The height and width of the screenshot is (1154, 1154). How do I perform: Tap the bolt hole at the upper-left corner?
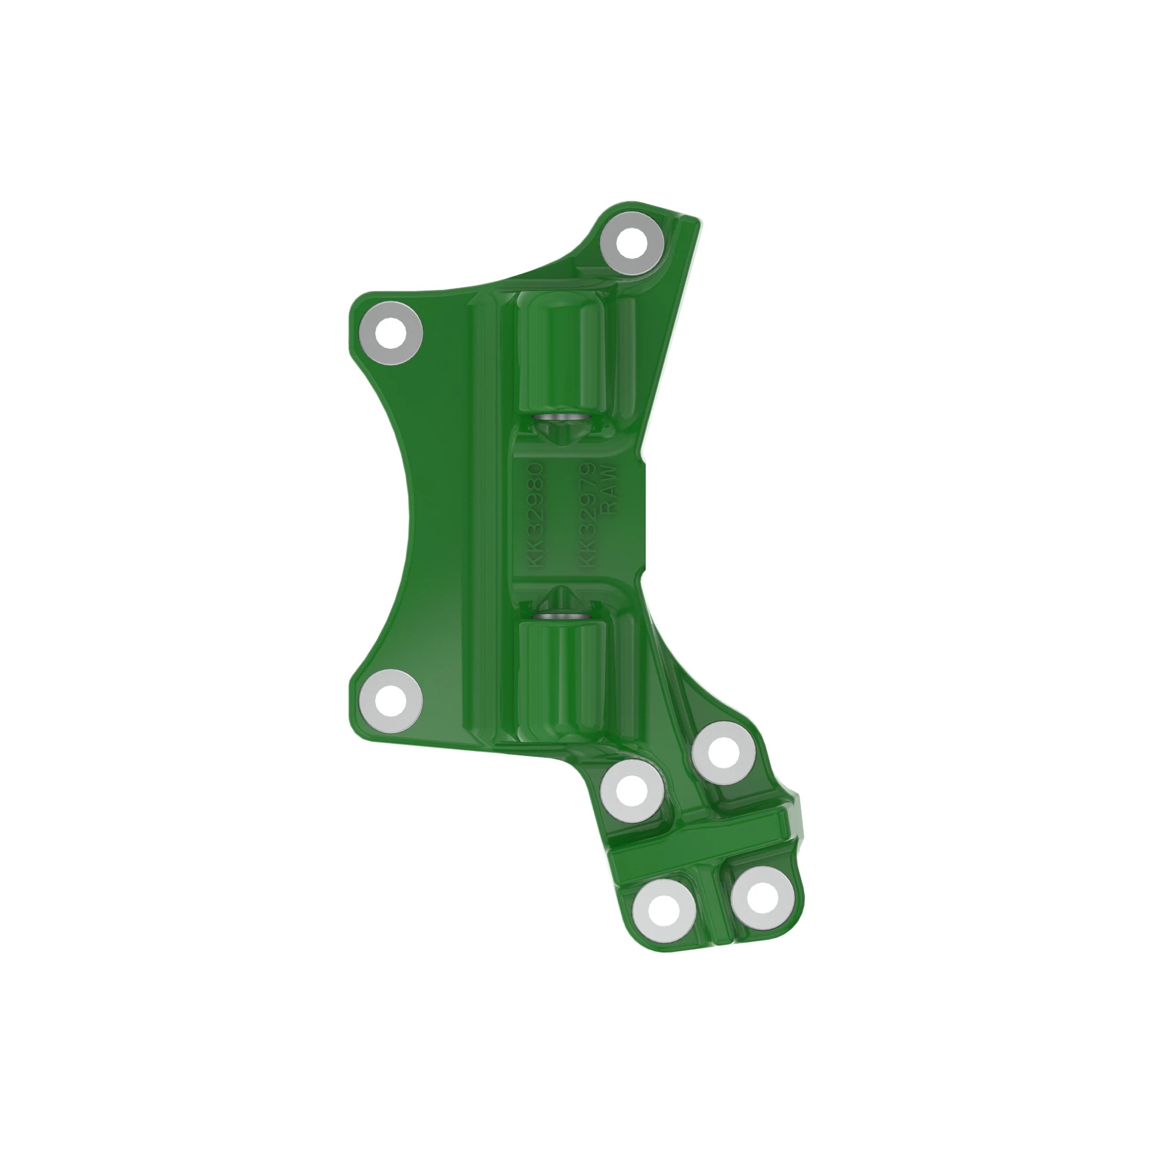(x=392, y=333)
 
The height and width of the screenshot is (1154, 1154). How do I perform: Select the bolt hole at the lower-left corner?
(x=392, y=699)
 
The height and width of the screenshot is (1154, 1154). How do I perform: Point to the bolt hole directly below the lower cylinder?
(x=632, y=791)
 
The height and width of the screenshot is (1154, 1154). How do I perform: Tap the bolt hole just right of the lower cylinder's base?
(x=724, y=752)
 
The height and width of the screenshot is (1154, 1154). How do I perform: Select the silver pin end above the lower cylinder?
(x=561, y=616)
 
